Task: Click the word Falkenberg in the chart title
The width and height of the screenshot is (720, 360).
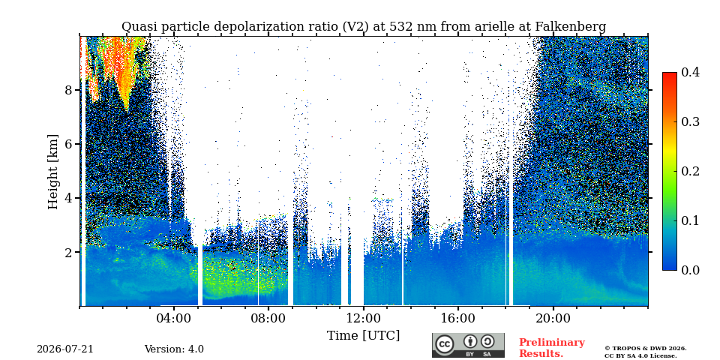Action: (570, 27)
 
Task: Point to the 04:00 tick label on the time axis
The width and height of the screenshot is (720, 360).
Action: (173, 318)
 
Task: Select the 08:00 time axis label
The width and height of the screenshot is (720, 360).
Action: (268, 318)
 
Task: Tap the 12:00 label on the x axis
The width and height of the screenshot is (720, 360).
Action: (364, 318)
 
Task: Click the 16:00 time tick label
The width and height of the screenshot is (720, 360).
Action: (458, 318)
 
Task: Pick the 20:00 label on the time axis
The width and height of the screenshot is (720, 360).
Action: (553, 318)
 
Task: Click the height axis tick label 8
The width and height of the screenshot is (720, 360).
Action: (69, 90)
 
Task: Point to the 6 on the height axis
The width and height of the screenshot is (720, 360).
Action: (69, 144)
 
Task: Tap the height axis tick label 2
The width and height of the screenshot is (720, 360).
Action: (69, 253)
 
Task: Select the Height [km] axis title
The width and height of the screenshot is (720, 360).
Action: (53, 172)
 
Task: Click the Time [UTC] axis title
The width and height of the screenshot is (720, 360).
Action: (363, 336)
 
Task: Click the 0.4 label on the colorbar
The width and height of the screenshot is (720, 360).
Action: (691, 72)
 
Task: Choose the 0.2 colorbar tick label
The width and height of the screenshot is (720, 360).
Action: (691, 171)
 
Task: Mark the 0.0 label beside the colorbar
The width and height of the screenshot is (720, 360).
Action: (691, 270)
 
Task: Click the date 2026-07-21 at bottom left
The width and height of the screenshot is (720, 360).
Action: (65, 349)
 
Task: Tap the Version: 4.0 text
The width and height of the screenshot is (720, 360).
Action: (174, 349)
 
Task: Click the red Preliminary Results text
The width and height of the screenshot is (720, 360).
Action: (552, 348)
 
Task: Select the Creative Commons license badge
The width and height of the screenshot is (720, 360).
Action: (468, 345)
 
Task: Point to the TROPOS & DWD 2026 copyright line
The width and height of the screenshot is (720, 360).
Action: (646, 349)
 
